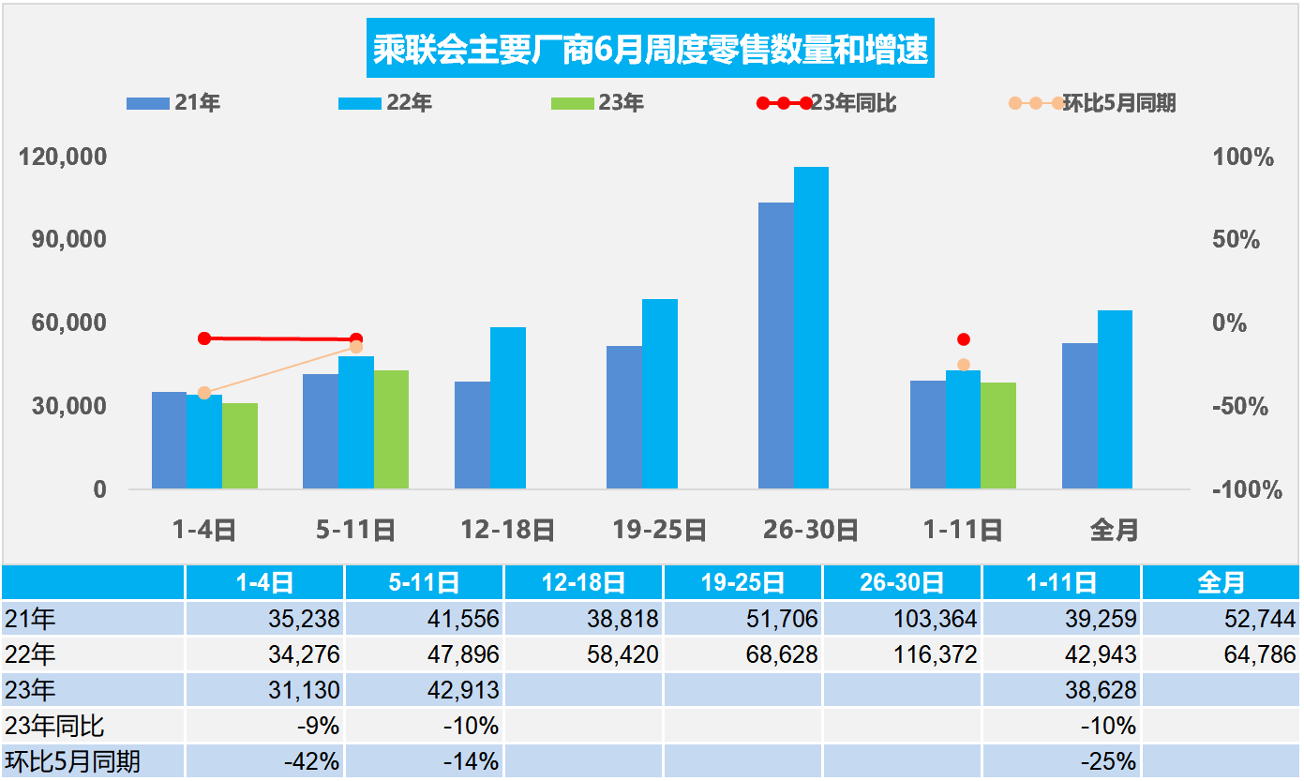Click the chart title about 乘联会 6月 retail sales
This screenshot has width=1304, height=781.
coord(651,50)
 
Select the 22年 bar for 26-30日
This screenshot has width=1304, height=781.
coord(811,328)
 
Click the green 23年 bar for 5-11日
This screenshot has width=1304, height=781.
coord(391,429)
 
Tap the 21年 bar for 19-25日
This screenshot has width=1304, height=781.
coord(624,417)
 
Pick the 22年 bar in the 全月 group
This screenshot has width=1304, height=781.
coord(1115,399)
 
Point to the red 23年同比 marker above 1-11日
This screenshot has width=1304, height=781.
coord(963,339)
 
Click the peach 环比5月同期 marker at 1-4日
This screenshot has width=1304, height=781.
coord(204,393)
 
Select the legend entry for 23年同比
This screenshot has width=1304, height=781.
coord(831,103)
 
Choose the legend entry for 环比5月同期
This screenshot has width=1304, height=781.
coord(1092,103)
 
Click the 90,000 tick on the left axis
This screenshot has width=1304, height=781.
coord(64,239)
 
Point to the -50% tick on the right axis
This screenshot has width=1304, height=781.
coord(1241,407)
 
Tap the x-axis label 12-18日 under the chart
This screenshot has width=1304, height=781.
coord(507,531)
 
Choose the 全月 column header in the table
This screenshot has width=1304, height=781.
coord(1221,583)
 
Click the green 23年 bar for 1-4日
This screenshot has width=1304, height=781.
coord(240,446)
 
